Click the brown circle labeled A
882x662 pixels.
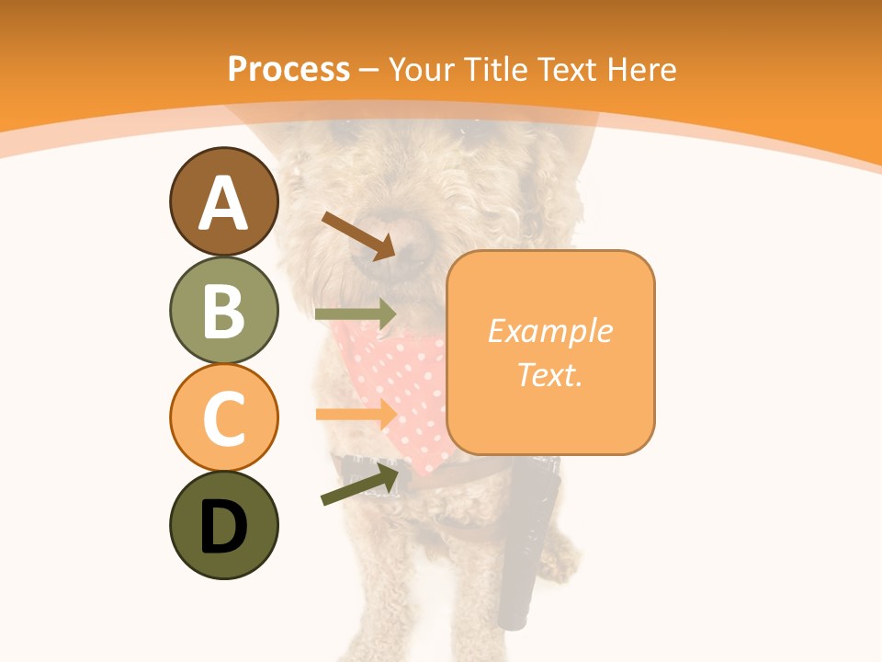click(x=223, y=201)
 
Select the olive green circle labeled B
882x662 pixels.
click(x=223, y=310)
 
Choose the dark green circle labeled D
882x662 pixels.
click(x=223, y=525)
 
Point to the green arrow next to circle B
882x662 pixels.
click(x=356, y=314)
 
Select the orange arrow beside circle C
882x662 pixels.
click(x=356, y=414)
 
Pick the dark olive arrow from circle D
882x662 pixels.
click(x=360, y=485)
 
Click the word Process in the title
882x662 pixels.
click(x=288, y=69)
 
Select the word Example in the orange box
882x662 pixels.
click(x=549, y=331)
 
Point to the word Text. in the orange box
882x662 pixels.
click(x=549, y=374)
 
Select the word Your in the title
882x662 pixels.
click(x=422, y=69)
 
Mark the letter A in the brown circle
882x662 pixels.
click(x=223, y=203)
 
